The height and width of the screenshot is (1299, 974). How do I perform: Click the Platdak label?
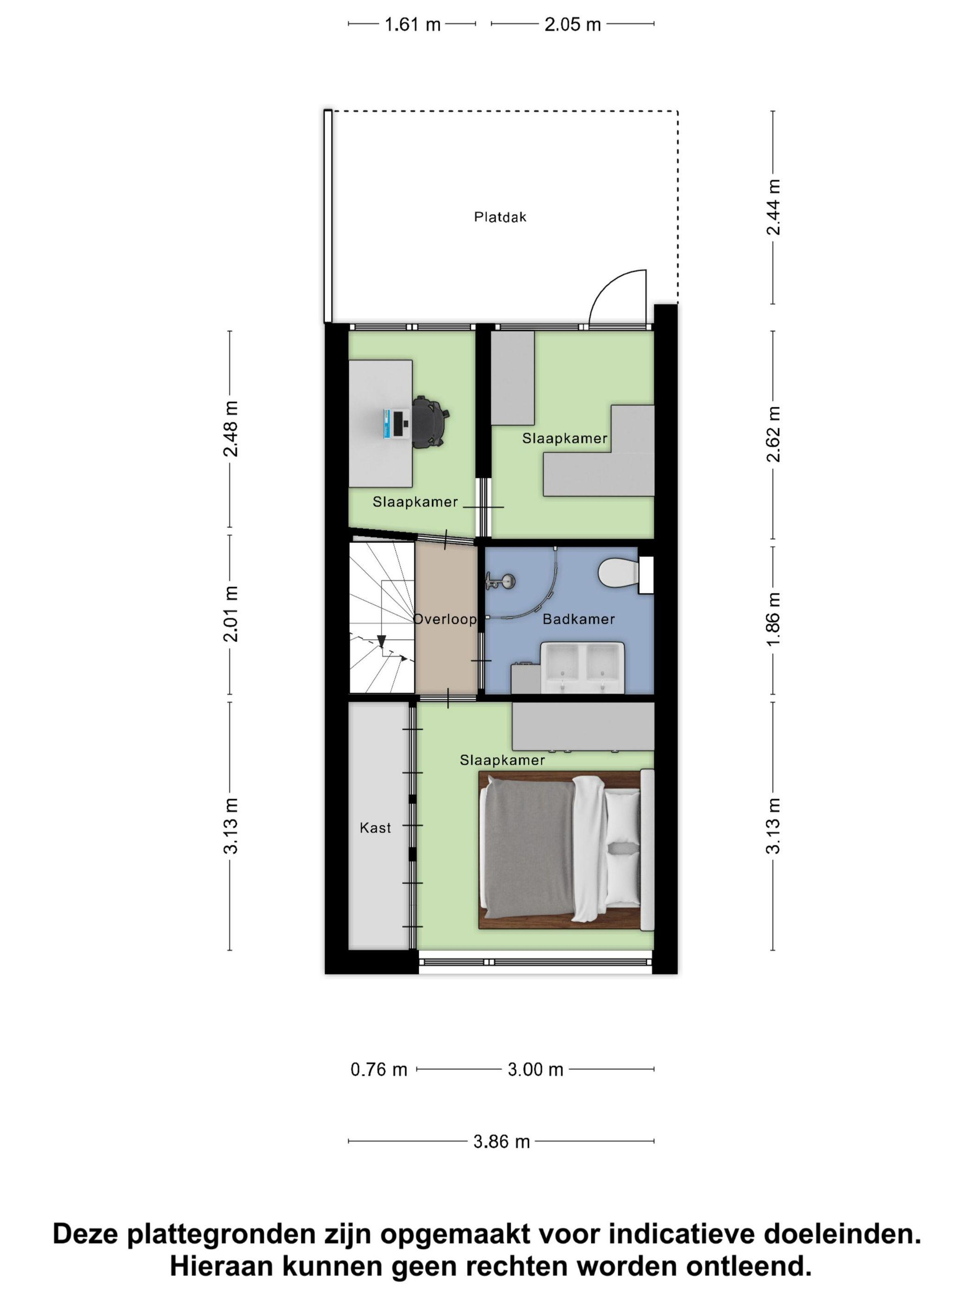pos(500,217)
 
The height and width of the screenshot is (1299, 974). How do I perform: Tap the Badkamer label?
pos(578,619)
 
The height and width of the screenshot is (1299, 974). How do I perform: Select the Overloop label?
pos(444,619)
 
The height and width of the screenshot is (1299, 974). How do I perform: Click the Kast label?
pos(375,828)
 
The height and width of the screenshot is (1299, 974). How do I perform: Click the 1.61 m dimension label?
pos(413,25)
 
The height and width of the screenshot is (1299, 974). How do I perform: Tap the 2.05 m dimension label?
pos(572,25)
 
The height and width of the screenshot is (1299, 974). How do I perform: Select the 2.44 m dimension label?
pos(774,207)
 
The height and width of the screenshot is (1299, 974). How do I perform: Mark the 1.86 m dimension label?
pos(774,618)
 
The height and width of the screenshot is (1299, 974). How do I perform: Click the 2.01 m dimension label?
pos(231,613)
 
